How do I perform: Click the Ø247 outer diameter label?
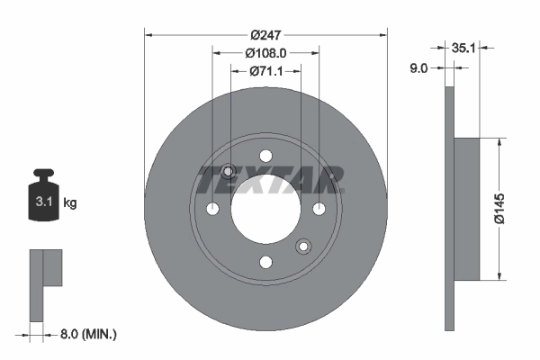click(265, 34)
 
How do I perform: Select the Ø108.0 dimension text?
click(265, 52)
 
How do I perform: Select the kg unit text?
click(69, 203)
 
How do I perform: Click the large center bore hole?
click(265, 209)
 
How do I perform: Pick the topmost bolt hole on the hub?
click(265, 156)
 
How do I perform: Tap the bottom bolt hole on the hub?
click(265, 262)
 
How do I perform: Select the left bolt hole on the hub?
click(212, 209)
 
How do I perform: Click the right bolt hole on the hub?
click(319, 209)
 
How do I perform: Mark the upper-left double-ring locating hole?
click(228, 172)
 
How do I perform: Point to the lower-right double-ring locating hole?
click(303, 246)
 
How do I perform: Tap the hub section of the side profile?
click(468, 209)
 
